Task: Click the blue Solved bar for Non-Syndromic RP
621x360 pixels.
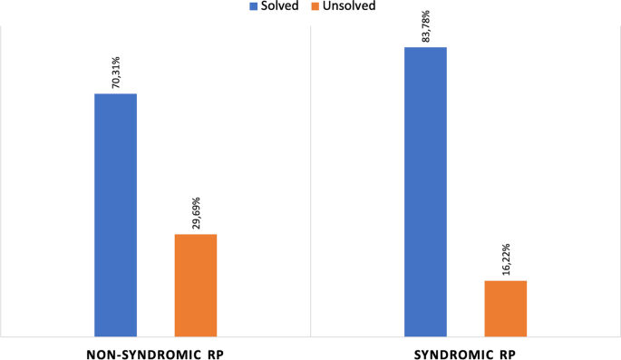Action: coord(115,215)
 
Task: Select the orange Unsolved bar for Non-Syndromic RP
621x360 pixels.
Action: coord(195,285)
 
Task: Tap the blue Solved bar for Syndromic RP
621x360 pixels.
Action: coord(425,191)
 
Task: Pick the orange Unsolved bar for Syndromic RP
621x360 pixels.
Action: coord(505,308)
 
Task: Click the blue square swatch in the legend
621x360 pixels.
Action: coord(255,6)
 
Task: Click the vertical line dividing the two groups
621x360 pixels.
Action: coord(310,181)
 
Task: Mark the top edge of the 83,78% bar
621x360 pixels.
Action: coord(425,47)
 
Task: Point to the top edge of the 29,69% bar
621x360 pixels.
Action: coord(195,235)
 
